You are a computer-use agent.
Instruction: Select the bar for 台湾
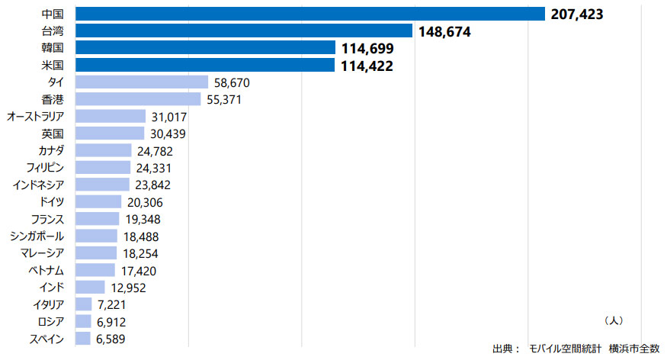coord(244,31)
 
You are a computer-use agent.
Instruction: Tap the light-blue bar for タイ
coord(142,82)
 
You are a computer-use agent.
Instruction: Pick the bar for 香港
coord(138,99)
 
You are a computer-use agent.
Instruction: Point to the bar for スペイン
coord(83,339)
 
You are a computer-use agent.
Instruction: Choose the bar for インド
coord(90,288)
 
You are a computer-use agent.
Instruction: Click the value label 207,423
coord(576,14)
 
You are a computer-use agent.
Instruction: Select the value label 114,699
coord(367,48)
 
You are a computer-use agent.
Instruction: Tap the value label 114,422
coord(367,66)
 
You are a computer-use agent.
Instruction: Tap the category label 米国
coord(53,66)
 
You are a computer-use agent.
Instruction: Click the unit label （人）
coord(612,320)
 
